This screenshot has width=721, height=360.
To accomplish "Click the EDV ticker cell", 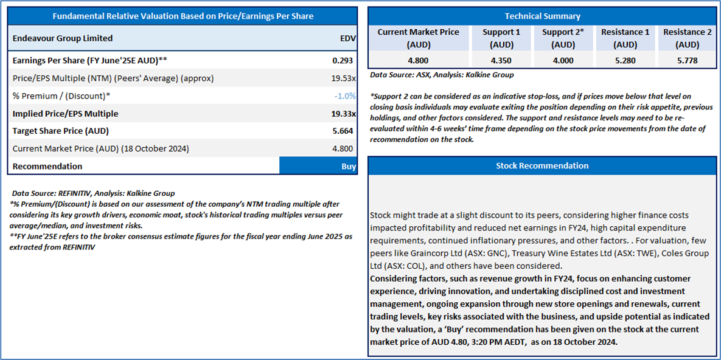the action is pyautogui.click(x=347, y=38).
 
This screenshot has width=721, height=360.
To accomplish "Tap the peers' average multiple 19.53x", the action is pyautogui.click(x=344, y=78).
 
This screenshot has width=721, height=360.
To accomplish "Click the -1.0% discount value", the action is pyautogui.click(x=345, y=95).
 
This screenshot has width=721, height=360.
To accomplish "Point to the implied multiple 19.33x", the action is pyautogui.click(x=343, y=114).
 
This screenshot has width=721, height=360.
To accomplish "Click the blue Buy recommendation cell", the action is pyautogui.click(x=318, y=166).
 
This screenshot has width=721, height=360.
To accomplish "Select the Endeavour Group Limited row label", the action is pyautogui.click(x=63, y=38).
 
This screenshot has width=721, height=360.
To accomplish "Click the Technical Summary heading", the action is pyautogui.click(x=542, y=16).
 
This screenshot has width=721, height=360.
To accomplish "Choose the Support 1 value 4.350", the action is pyautogui.click(x=501, y=61).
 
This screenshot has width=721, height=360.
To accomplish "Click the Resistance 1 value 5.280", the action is pyautogui.click(x=624, y=61).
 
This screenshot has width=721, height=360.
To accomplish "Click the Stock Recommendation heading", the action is pyautogui.click(x=542, y=165).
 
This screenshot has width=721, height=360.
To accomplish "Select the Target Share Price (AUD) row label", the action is pyautogui.click(x=61, y=131).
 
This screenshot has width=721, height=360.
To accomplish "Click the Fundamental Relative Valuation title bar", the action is pyautogui.click(x=182, y=16).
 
